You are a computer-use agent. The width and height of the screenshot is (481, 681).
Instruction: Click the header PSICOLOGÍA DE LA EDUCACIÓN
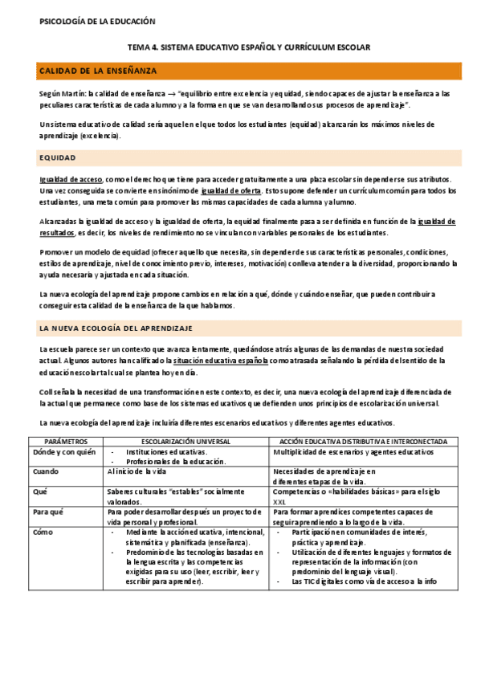(97, 21)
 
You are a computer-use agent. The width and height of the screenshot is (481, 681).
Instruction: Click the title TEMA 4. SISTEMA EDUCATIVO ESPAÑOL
(249, 48)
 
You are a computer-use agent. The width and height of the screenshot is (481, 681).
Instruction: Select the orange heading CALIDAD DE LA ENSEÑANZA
(99, 71)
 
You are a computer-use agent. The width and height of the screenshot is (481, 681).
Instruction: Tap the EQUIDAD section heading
(58, 158)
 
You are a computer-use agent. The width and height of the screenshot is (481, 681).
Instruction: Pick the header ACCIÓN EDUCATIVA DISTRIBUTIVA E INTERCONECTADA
(365, 442)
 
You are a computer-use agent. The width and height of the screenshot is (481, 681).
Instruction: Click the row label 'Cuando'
(46, 471)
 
